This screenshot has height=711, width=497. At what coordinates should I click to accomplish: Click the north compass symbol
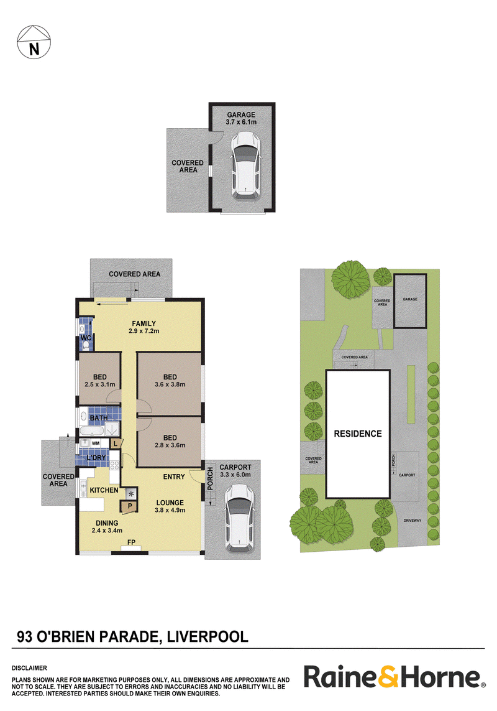34,42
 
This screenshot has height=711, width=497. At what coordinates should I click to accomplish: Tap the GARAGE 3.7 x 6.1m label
241,118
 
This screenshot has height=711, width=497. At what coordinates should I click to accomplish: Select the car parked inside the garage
245,165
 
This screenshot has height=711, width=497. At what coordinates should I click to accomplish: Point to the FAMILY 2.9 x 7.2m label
144,327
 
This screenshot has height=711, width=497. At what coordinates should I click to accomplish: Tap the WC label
86,338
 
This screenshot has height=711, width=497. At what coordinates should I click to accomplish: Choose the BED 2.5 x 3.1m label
99,381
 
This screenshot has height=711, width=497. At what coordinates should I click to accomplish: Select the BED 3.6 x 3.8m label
170,381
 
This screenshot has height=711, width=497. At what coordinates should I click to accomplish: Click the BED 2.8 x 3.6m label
170,441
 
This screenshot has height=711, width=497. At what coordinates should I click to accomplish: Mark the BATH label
99,417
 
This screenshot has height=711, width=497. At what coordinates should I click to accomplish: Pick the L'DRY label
96,458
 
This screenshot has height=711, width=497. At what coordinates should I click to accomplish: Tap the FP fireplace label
131,542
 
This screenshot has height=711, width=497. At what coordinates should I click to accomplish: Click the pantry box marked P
129,506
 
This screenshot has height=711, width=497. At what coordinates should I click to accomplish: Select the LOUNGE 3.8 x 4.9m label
170,506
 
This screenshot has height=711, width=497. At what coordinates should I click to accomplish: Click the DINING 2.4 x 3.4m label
107,526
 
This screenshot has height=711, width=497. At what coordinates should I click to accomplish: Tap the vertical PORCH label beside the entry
210,478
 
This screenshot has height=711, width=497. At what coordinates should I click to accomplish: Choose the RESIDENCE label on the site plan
358,434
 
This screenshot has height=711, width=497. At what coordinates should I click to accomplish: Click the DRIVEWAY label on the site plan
413,521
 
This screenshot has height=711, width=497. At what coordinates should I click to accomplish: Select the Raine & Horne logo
394,677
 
